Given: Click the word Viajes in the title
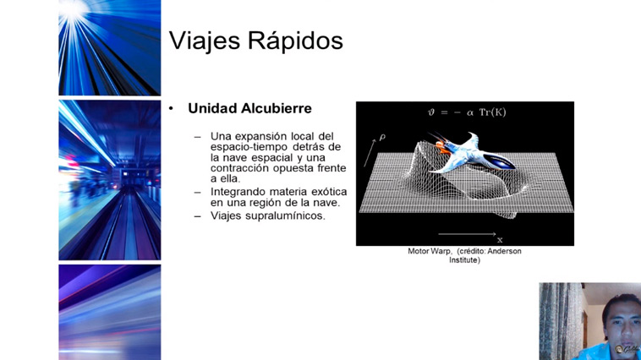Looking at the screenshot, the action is click(205, 41).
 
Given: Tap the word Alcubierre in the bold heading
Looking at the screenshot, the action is click(276, 108).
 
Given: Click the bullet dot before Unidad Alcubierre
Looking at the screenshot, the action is click(172, 109).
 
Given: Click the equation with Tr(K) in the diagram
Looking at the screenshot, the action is click(467, 112).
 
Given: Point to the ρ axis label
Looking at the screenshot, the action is click(382, 138).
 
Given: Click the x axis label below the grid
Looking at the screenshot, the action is click(500, 240).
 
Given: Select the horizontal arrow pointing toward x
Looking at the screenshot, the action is click(467, 234).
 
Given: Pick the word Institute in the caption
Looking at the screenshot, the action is click(464, 260).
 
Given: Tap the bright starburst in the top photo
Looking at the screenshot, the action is click(74, 9).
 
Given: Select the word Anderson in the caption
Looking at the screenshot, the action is click(505, 251).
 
